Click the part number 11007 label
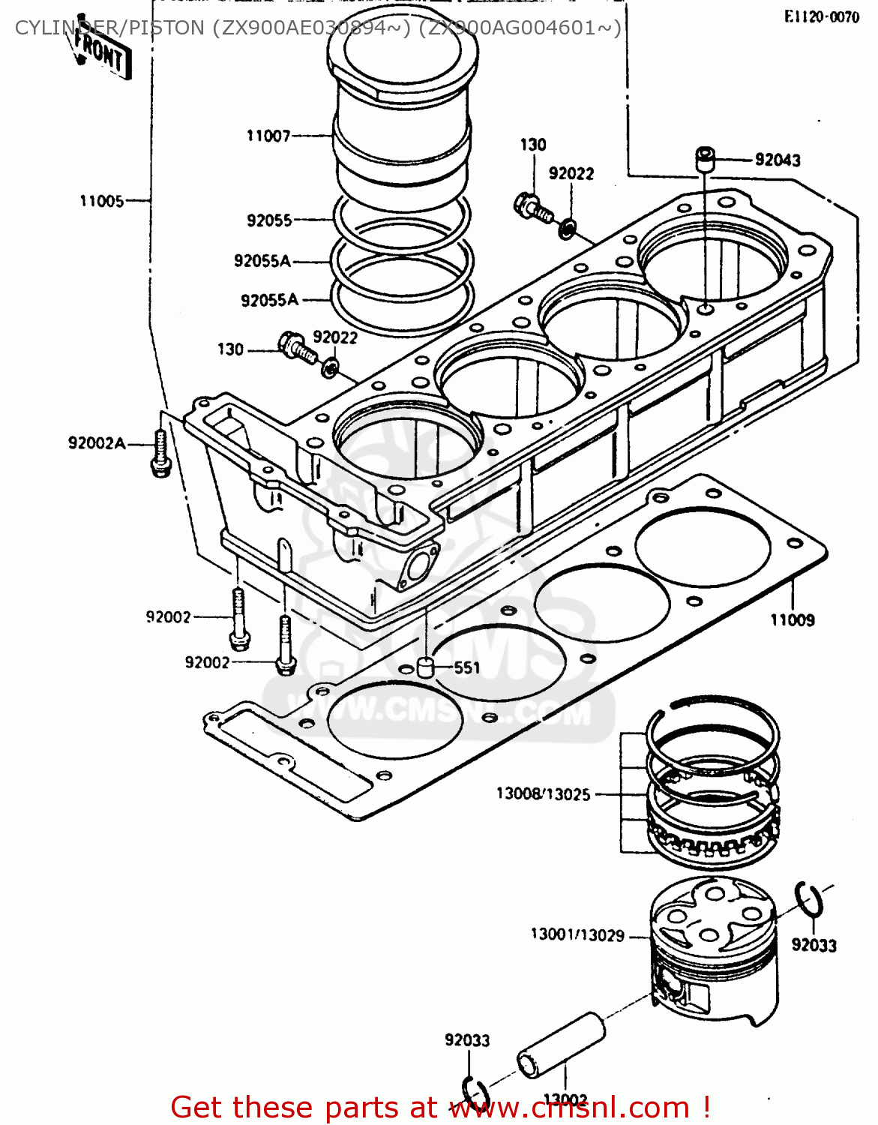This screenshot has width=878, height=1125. click(x=268, y=136)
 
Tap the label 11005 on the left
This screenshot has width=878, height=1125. click(x=101, y=201)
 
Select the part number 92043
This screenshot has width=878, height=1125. click(x=777, y=160)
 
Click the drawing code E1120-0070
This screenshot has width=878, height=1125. click(x=821, y=17)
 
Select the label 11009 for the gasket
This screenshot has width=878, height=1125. click(x=792, y=619)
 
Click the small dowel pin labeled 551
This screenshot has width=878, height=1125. click(x=426, y=667)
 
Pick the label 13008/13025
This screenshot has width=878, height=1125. click(x=544, y=793)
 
